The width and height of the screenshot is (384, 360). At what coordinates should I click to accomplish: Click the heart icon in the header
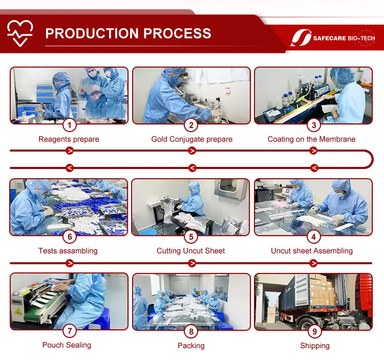click(20, 33)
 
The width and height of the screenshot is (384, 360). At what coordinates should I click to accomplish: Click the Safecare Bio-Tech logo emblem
click(301, 38)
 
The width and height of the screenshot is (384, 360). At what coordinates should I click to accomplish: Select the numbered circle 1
click(70, 125)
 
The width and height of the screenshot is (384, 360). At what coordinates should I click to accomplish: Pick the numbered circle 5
click(191, 237)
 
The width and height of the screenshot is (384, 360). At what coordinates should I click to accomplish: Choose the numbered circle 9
click(314, 331)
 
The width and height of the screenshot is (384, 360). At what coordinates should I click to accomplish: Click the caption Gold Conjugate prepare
click(192, 139)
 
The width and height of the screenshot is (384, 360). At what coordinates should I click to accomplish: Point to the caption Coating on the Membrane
click(311, 139)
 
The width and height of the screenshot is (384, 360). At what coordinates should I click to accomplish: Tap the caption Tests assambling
click(68, 251)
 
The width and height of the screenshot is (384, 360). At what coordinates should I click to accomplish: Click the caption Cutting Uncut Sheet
click(190, 251)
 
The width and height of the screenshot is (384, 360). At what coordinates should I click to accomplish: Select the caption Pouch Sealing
click(67, 345)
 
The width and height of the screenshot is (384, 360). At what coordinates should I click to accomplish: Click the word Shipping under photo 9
click(315, 346)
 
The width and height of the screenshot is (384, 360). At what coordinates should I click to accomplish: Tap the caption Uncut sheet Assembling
click(311, 251)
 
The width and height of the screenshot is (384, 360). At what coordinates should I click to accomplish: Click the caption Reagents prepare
click(69, 139)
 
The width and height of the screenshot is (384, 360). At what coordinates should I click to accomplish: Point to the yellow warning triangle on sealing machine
click(18, 311)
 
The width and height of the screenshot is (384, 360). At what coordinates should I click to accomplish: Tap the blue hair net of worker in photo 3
click(343, 75)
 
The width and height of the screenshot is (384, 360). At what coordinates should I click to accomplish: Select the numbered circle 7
click(70, 331)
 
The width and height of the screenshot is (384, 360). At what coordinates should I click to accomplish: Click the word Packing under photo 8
click(191, 346)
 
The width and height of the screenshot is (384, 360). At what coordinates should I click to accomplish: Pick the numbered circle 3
click(314, 125)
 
